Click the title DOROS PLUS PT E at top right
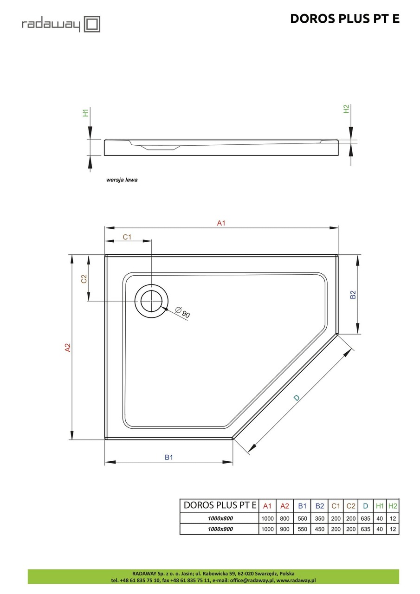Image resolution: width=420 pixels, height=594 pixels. [344, 19]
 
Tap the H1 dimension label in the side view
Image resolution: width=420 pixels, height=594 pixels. [85, 113]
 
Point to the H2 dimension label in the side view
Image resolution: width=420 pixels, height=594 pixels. [346, 109]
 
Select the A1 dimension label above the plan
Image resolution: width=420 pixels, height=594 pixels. [221, 223]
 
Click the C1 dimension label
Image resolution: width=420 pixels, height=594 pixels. [127, 237]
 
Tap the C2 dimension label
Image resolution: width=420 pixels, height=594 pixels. [84, 279]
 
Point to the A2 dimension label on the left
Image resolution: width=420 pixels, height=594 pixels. [68, 347]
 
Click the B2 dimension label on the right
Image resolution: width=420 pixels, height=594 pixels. [353, 294]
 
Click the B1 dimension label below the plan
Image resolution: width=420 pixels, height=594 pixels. [169, 457]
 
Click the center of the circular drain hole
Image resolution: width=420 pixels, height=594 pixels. [151, 301]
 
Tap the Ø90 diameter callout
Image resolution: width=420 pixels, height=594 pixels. [183, 313]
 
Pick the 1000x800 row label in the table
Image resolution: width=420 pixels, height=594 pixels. [220, 518]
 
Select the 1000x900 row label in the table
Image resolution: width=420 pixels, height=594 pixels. [220, 529]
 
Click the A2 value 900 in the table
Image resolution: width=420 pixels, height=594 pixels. [284, 529]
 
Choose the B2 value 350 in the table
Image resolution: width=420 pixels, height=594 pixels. [320, 518]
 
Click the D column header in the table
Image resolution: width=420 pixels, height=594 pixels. [366, 506]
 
